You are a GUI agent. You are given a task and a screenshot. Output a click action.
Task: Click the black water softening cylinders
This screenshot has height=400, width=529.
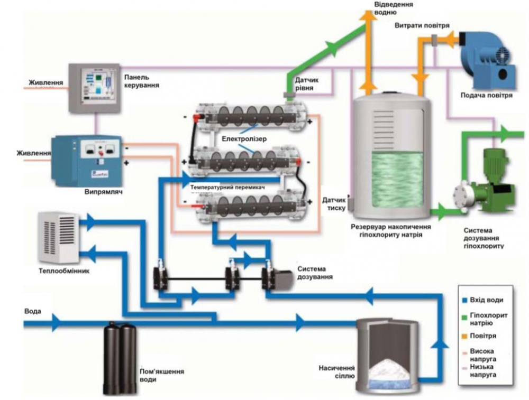click(x=119, y=357)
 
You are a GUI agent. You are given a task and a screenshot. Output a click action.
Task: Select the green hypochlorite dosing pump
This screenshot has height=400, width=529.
click(x=484, y=180)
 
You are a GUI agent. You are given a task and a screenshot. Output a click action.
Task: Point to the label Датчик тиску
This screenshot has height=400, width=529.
click(x=334, y=203)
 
